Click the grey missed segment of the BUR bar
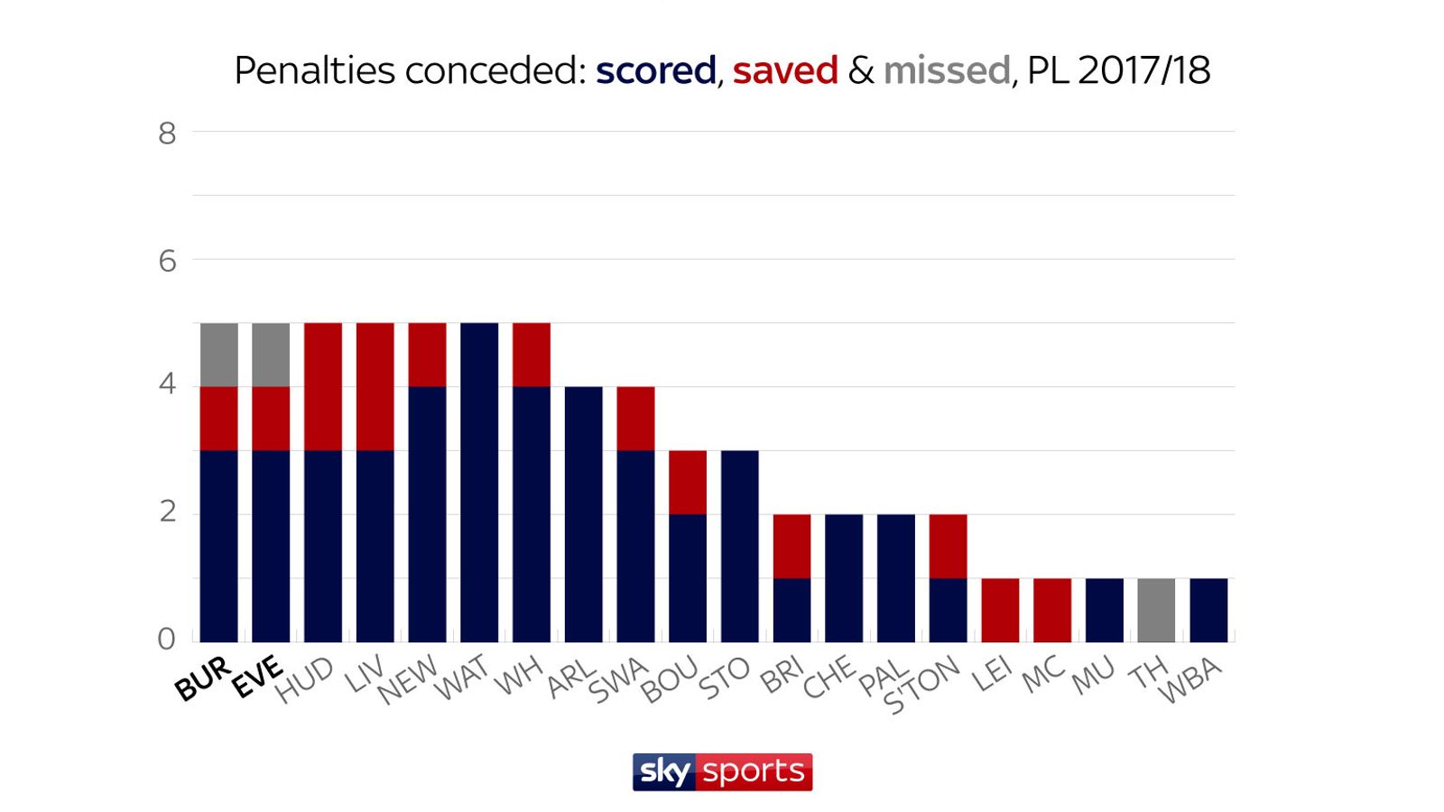coord(218,355)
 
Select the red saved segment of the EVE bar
coord(271,418)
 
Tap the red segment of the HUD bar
coord(323,386)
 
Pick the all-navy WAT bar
coord(479,483)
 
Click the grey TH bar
coord(1156,610)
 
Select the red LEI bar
coord(1000,610)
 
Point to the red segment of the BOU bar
coord(688,482)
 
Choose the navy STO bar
coord(740,546)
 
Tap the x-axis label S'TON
coord(921,685)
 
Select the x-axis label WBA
coord(1190,680)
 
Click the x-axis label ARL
coord(572,678)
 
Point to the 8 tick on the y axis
coord(167,134)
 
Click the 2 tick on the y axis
coord(167,512)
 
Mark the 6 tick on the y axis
coord(167,262)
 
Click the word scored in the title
coord(655,70)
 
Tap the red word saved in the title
coord(785,70)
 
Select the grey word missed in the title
coord(946,70)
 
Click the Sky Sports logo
coord(722,772)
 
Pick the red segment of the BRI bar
coord(791,546)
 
